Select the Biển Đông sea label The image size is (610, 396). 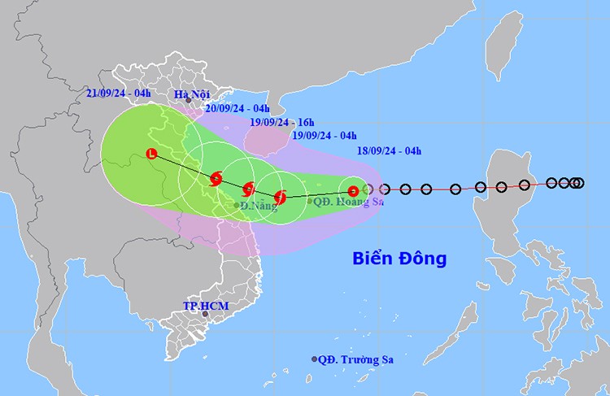point(399,259)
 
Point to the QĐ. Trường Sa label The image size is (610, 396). point(359,359)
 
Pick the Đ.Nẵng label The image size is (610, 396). point(255,206)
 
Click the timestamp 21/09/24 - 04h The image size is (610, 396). point(119,94)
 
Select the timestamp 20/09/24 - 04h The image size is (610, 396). point(237,108)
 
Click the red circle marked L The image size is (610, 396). point(150,154)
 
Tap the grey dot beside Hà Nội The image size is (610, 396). point(189,101)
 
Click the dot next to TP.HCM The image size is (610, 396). point(205,314)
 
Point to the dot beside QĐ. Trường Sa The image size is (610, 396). point(315,359)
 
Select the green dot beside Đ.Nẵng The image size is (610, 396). point(237,206)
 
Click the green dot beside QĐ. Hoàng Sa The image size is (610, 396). point(311,201)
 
